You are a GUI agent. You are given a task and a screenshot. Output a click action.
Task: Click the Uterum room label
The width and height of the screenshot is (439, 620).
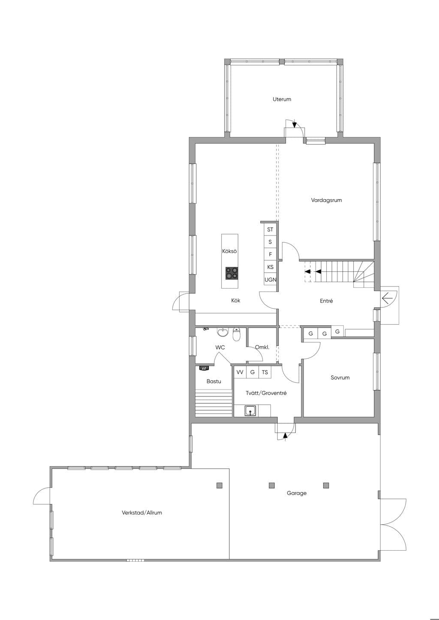click(282, 99)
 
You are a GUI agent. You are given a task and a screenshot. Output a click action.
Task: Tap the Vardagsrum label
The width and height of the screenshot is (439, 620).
click(326, 200)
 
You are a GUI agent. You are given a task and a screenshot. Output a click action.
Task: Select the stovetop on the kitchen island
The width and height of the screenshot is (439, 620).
click(232, 273)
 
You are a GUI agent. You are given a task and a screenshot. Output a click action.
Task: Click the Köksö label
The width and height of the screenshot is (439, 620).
click(229, 251)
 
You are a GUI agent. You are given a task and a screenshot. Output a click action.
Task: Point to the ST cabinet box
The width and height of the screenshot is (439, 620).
click(270, 229)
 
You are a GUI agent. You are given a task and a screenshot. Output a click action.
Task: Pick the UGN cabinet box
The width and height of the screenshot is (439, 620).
click(270, 280)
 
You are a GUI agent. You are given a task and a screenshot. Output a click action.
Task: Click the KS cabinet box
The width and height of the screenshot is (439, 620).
click(270, 267)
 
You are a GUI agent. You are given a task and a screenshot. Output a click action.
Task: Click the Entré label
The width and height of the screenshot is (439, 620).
click(326, 301)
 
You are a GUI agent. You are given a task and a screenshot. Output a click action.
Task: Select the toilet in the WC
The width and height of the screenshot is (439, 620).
click(236, 335)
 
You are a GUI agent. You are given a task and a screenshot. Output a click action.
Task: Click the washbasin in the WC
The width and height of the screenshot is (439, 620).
click(223, 332)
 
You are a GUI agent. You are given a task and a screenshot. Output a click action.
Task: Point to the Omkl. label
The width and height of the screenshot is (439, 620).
click(262, 347)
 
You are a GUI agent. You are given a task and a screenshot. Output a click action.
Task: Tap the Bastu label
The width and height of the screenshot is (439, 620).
click(213, 382)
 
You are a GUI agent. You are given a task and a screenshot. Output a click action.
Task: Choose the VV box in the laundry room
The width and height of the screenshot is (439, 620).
click(240, 372)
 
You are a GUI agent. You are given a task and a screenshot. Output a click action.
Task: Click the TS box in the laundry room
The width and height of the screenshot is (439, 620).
click(265, 372)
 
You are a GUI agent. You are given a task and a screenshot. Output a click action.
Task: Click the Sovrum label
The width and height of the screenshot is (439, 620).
click(340, 378)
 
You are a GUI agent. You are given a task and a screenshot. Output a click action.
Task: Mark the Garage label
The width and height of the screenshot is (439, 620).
click(297, 493)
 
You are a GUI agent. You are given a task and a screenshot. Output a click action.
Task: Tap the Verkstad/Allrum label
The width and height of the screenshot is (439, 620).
click(141, 513)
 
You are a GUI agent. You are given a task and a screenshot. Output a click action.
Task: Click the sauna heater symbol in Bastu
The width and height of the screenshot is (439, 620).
click(204, 368)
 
